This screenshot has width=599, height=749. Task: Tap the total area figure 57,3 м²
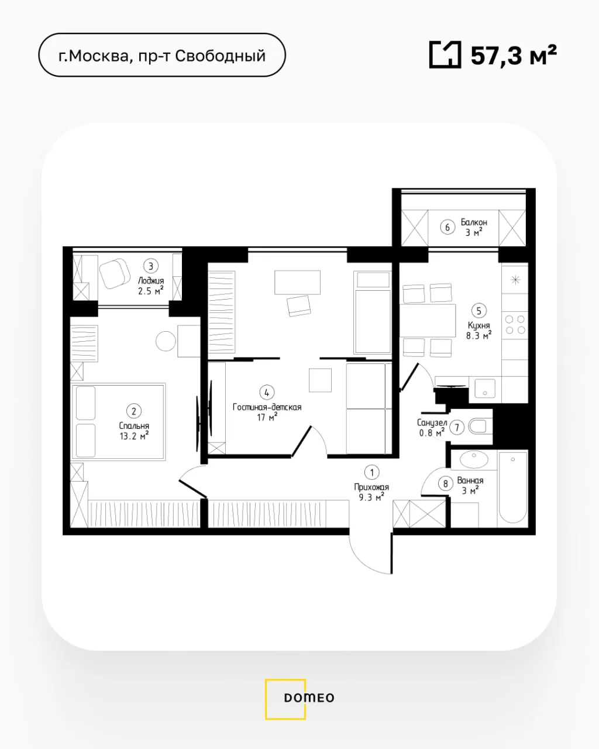514,56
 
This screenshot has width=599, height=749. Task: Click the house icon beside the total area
445,54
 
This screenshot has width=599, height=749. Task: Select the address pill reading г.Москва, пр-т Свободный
162,55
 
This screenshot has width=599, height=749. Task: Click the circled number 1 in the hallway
371,472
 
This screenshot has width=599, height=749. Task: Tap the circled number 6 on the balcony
447,227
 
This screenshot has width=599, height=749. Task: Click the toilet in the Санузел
480,427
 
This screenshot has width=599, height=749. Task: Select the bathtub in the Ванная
512,488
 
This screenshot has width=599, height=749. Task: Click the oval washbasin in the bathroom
474,459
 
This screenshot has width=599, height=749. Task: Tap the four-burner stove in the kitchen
515,324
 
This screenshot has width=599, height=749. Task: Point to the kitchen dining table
428,320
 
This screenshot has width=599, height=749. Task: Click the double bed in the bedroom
118,422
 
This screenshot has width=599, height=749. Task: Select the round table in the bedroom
166,341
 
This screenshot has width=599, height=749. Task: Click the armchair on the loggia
115,273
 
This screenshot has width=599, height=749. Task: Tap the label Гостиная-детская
267,407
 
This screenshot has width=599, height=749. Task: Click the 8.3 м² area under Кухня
479,335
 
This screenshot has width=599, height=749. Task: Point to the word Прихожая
371,487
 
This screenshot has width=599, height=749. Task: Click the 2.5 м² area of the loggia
151,291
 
